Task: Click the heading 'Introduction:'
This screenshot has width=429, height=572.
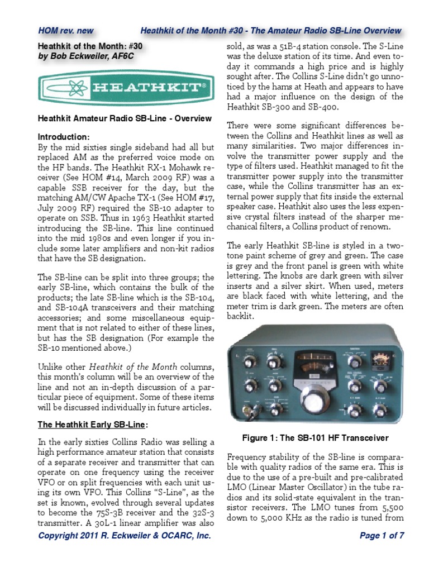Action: tap(63, 137)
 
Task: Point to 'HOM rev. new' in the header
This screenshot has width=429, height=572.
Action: tap(66, 30)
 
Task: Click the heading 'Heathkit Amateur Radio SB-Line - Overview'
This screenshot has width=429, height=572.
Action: tap(125, 118)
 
